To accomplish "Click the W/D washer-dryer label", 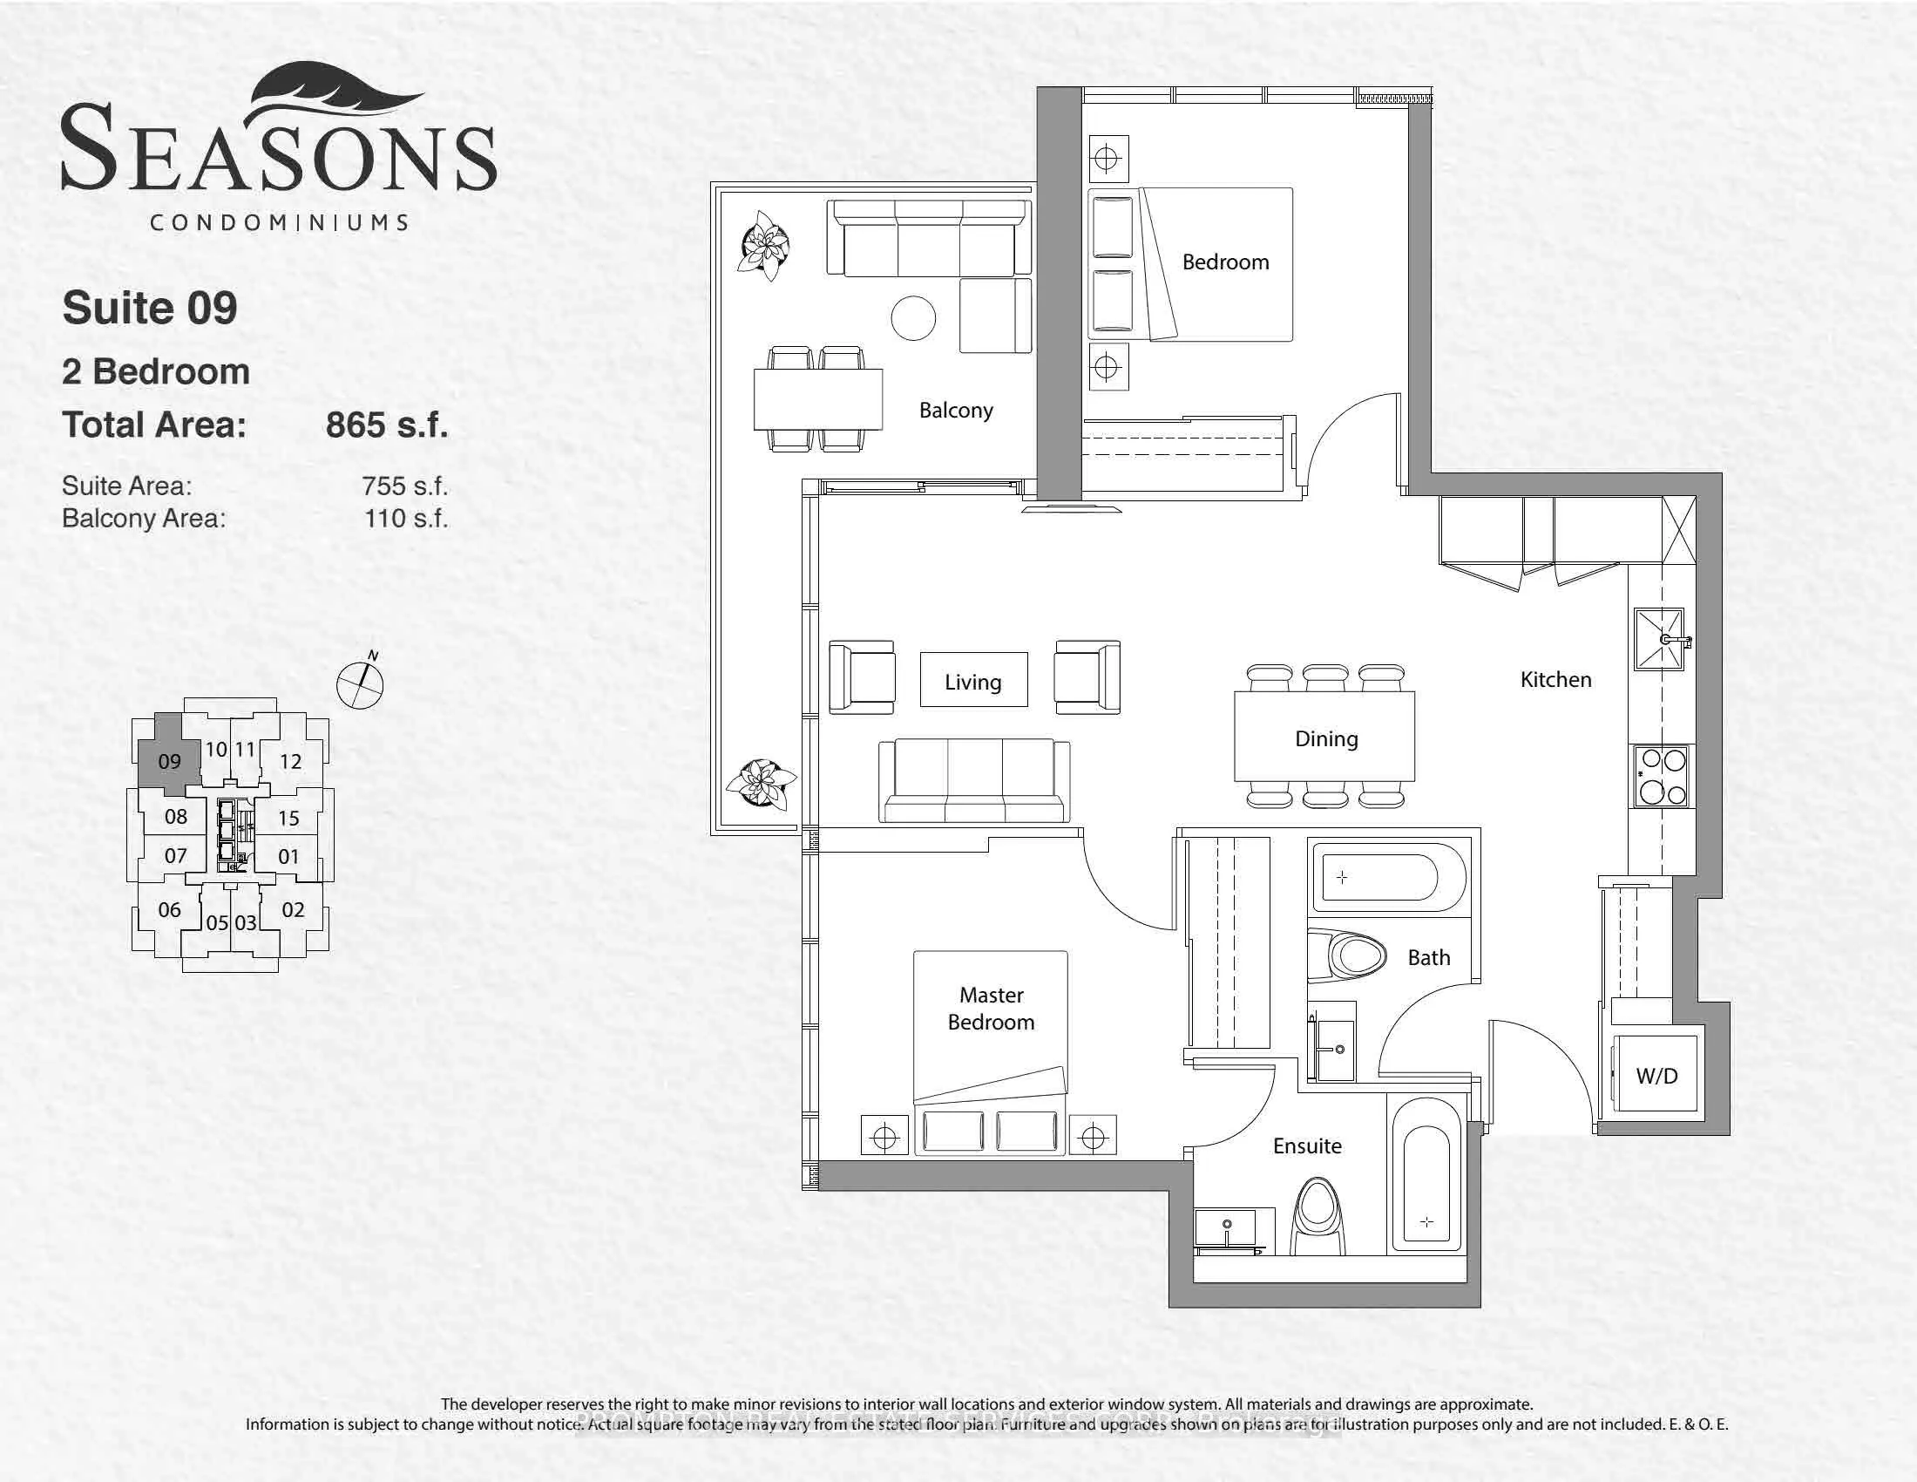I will [1656, 1076].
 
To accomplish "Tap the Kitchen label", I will [1555, 680].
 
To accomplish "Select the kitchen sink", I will [1658, 640].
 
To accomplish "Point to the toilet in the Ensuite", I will [1319, 1217].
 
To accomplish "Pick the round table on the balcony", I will [913, 319].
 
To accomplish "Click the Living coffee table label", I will [972, 683].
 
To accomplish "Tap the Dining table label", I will [1325, 739].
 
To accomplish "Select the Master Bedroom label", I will [991, 1009].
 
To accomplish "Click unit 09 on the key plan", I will [169, 761].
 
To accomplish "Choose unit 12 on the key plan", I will [290, 761].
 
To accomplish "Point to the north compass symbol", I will [361, 683].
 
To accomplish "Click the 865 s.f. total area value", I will [386, 425].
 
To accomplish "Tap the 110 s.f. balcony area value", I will [405, 519].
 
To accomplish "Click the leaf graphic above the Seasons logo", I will [329, 92].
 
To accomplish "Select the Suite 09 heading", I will [149, 308].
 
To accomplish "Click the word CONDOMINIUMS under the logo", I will [279, 222].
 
